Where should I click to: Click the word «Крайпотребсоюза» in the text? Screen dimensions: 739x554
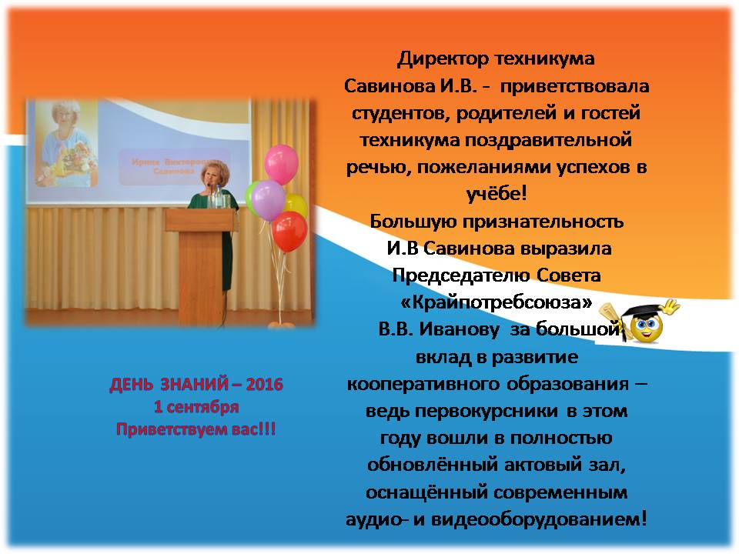click(x=497, y=302)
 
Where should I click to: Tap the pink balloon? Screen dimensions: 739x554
click(x=282, y=164)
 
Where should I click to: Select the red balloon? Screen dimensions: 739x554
click(x=289, y=232)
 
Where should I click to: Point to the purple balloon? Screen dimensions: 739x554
click(x=268, y=200)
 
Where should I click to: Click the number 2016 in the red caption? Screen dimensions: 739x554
click(x=264, y=385)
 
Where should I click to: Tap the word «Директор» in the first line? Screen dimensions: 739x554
click(x=443, y=59)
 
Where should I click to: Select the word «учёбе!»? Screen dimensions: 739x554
click(x=497, y=194)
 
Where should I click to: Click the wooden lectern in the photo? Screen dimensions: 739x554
click(x=200, y=266)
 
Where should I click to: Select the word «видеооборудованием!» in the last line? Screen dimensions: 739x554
click(x=539, y=519)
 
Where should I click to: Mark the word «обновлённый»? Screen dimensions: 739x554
click(x=433, y=466)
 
